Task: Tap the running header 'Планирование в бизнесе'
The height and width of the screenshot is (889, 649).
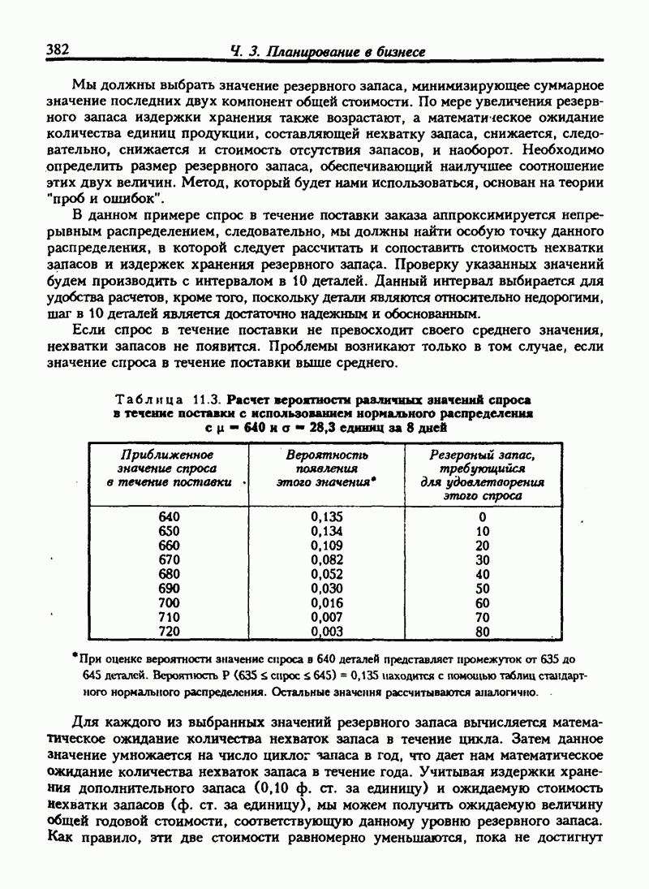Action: tap(340, 52)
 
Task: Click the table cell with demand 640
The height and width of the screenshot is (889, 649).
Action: tap(169, 516)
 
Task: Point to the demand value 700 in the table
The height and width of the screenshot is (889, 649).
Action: tap(169, 602)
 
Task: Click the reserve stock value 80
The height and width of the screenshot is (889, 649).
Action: tap(483, 631)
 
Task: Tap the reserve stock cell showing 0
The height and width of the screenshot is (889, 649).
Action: tap(483, 516)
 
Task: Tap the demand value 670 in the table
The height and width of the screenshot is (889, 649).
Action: tap(169, 559)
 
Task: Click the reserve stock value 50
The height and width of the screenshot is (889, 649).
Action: tap(483, 588)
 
